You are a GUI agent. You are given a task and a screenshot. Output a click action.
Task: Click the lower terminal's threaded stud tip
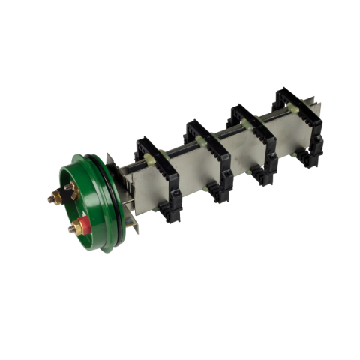70,230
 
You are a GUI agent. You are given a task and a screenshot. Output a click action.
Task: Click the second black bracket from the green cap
209,158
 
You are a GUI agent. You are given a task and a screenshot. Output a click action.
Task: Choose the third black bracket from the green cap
253,138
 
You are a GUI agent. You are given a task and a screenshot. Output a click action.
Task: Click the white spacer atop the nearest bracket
154,155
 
